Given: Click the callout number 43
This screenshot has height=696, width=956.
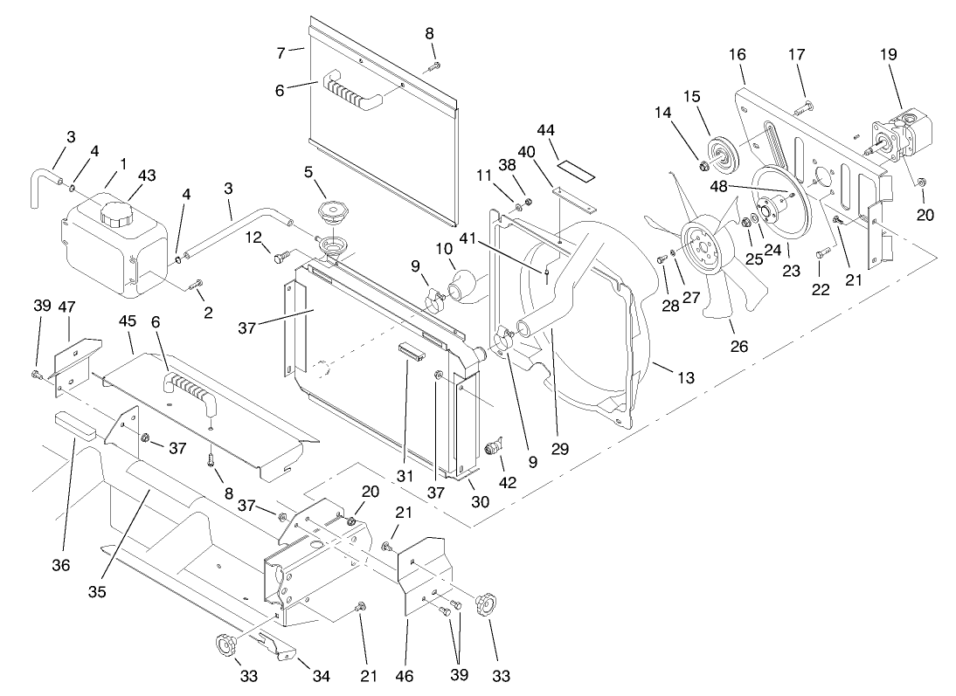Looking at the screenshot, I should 146,176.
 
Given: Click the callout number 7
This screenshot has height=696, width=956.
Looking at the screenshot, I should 281,52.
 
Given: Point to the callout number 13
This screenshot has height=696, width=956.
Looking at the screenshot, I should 686,377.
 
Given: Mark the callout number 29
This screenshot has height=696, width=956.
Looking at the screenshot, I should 559,450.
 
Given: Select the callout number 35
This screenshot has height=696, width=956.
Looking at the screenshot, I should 96,593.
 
